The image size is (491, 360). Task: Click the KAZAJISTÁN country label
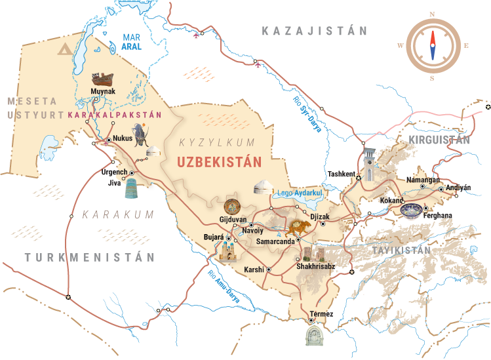click(x=314, y=31)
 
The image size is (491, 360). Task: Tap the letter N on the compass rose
click(x=432, y=14)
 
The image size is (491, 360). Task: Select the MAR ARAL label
click(x=132, y=42)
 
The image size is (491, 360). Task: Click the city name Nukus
click(x=123, y=138)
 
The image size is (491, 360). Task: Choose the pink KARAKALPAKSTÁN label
click(x=115, y=114)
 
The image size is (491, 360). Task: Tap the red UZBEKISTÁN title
click(x=220, y=161)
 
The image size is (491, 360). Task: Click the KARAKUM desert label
click(x=118, y=214)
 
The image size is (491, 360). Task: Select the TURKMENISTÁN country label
click(x=90, y=257)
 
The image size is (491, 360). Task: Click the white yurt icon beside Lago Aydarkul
click(x=263, y=186)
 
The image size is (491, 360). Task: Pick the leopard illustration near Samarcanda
click(x=299, y=228)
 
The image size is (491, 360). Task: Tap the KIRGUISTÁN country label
click(x=439, y=140)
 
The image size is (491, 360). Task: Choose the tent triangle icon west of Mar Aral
click(x=65, y=49)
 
